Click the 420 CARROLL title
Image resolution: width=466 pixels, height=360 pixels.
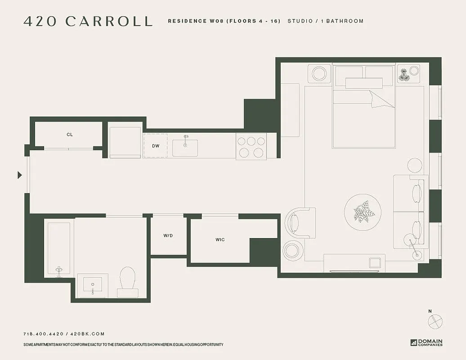(88, 21)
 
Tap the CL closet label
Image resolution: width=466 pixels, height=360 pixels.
(70, 135)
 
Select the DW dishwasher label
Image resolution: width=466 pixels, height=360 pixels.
(156, 146)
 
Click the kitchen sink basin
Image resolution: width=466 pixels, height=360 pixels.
(185, 148)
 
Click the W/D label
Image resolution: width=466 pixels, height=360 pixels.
(168, 235)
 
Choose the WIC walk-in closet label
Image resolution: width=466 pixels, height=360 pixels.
(220, 240)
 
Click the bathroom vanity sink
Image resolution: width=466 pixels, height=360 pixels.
(93, 284)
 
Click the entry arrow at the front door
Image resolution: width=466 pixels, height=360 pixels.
(19, 175)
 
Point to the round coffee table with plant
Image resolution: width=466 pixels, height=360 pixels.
(363, 213)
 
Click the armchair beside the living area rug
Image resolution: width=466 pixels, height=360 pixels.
(300, 222)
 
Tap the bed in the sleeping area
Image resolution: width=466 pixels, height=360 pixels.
(363, 112)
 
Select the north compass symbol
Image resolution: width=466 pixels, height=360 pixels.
(435, 321)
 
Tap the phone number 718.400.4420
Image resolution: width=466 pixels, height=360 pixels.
(43, 334)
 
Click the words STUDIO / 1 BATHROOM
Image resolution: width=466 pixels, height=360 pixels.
(325, 21)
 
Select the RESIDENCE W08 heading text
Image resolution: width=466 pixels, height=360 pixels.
(224, 21)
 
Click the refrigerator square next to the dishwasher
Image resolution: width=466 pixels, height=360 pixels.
(125, 141)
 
